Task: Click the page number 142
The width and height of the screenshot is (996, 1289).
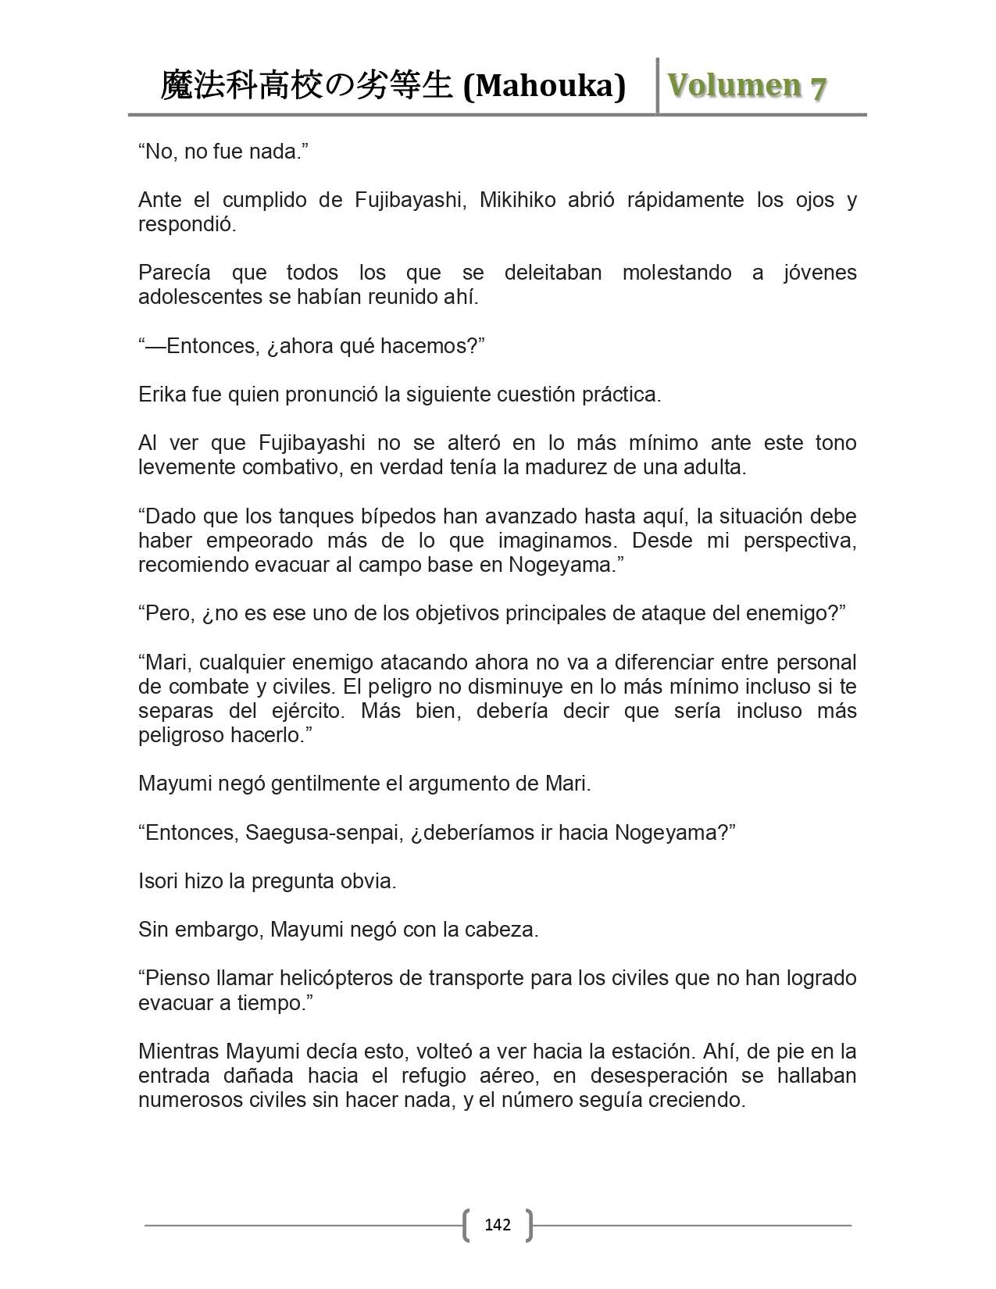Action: [498, 1224]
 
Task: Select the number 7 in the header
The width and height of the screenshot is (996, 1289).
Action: [818, 87]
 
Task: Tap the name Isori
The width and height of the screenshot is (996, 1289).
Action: [158, 881]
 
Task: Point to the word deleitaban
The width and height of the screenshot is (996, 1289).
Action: [553, 273]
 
